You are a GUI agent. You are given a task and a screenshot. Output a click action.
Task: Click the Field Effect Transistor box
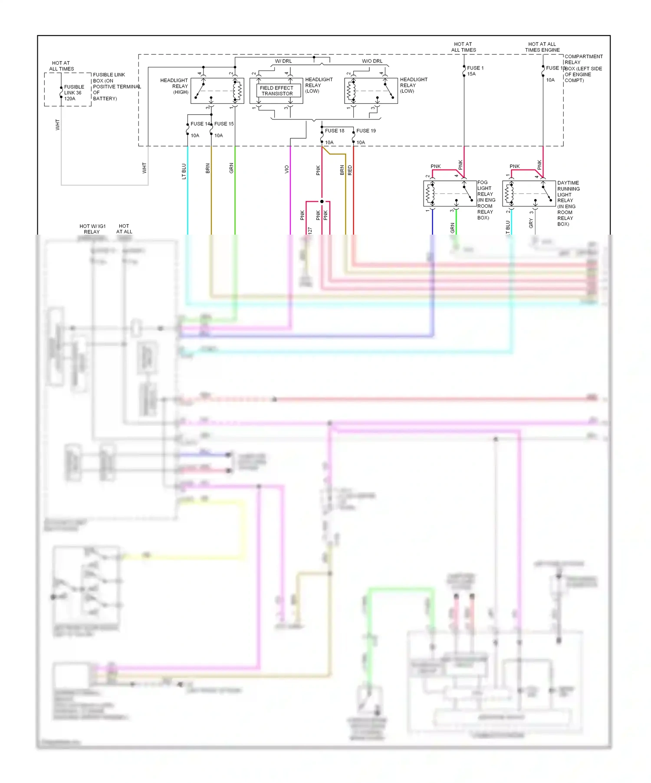coord(276,90)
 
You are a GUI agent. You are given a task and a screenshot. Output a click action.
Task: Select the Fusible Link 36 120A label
coord(73,93)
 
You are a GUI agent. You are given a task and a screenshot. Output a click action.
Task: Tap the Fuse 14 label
coord(200,124)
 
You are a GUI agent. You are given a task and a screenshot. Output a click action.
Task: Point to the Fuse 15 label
coord(224,124)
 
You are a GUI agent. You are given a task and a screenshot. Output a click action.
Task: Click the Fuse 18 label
coord(335,131)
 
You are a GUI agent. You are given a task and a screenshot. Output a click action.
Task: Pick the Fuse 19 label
coord(366,131)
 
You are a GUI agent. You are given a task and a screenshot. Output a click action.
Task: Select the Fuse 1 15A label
coord(475,71)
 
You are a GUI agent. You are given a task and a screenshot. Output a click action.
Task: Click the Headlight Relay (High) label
coord(174,86)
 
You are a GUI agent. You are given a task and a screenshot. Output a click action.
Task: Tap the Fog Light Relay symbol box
coord(450,193)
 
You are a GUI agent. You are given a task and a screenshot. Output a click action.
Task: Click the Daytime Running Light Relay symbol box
coord(529,193)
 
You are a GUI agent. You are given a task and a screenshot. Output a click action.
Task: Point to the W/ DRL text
coord(283,61)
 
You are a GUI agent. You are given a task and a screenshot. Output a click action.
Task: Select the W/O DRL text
coord(372,61)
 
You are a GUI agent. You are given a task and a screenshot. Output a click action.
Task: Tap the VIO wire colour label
coord(286,169)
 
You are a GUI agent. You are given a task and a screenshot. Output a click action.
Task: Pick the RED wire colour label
coord(350,170)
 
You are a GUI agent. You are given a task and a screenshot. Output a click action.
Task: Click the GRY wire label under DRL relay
coord(531,223)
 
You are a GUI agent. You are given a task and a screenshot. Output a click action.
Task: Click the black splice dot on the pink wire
coord(322,202)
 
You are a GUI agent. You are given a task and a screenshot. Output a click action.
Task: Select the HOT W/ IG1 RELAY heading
coord(92,229)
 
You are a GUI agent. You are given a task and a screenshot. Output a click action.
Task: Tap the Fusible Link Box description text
coord(116,86)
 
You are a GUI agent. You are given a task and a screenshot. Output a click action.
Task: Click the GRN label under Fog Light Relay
coord(452,228)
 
